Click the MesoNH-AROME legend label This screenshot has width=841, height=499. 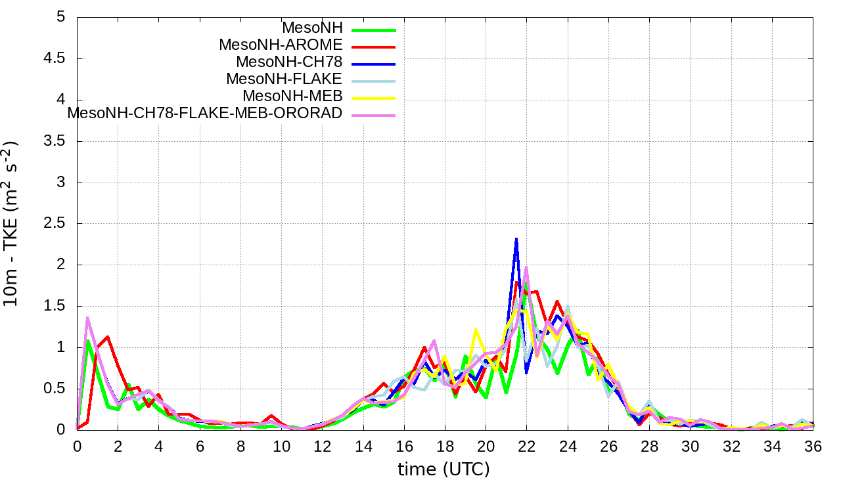[x=281, y=45]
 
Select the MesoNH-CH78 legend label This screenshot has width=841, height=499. [x=289, y=62]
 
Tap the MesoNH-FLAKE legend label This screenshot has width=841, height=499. [x=284, y=79]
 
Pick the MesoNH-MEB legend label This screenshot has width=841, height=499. [x=292, y=96]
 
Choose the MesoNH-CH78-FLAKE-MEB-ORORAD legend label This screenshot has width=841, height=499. [x=205, y=113]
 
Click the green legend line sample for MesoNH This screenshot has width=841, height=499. [x=374, y=30]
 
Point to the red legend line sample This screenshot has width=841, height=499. [x=374, y=47]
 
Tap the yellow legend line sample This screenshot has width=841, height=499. [x=374, y=97]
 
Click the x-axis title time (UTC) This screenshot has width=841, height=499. [x=443, y=469]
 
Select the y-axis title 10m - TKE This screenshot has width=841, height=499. [x=12, y=223]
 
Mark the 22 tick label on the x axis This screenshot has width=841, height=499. [x=526, y=446]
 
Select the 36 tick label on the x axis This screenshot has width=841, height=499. [x=813, y=446]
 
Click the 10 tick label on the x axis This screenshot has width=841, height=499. [x=281, y=446]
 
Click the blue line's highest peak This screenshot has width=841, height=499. [x=516, y=239]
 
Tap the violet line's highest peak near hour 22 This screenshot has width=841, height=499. [x=526, y=267]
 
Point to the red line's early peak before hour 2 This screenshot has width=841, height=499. [x=107, y=337]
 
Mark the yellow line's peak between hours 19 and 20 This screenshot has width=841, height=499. [x=475, y=330]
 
